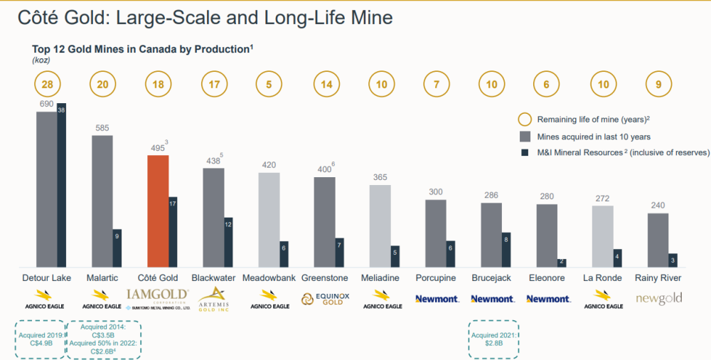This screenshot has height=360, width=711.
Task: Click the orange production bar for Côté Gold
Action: click(158, 211)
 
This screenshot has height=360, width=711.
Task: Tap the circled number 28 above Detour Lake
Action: click(47, 85)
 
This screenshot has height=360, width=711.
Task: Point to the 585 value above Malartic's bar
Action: click(102, 128)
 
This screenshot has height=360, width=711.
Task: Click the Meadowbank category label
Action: click(269, 277)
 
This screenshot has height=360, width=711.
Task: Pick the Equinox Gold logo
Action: click(324, 299)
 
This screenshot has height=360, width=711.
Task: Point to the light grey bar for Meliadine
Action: click(380, 226)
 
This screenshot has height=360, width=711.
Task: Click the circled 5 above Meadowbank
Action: click(268, 85)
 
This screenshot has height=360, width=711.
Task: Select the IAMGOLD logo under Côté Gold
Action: click(157, 295)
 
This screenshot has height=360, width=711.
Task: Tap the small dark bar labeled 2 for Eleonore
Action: click(561, 262)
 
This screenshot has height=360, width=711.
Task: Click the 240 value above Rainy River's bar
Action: click(658, 206)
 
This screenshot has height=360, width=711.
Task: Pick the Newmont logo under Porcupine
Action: click(436, 299)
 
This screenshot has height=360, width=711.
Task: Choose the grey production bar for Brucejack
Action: click(491, 235)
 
